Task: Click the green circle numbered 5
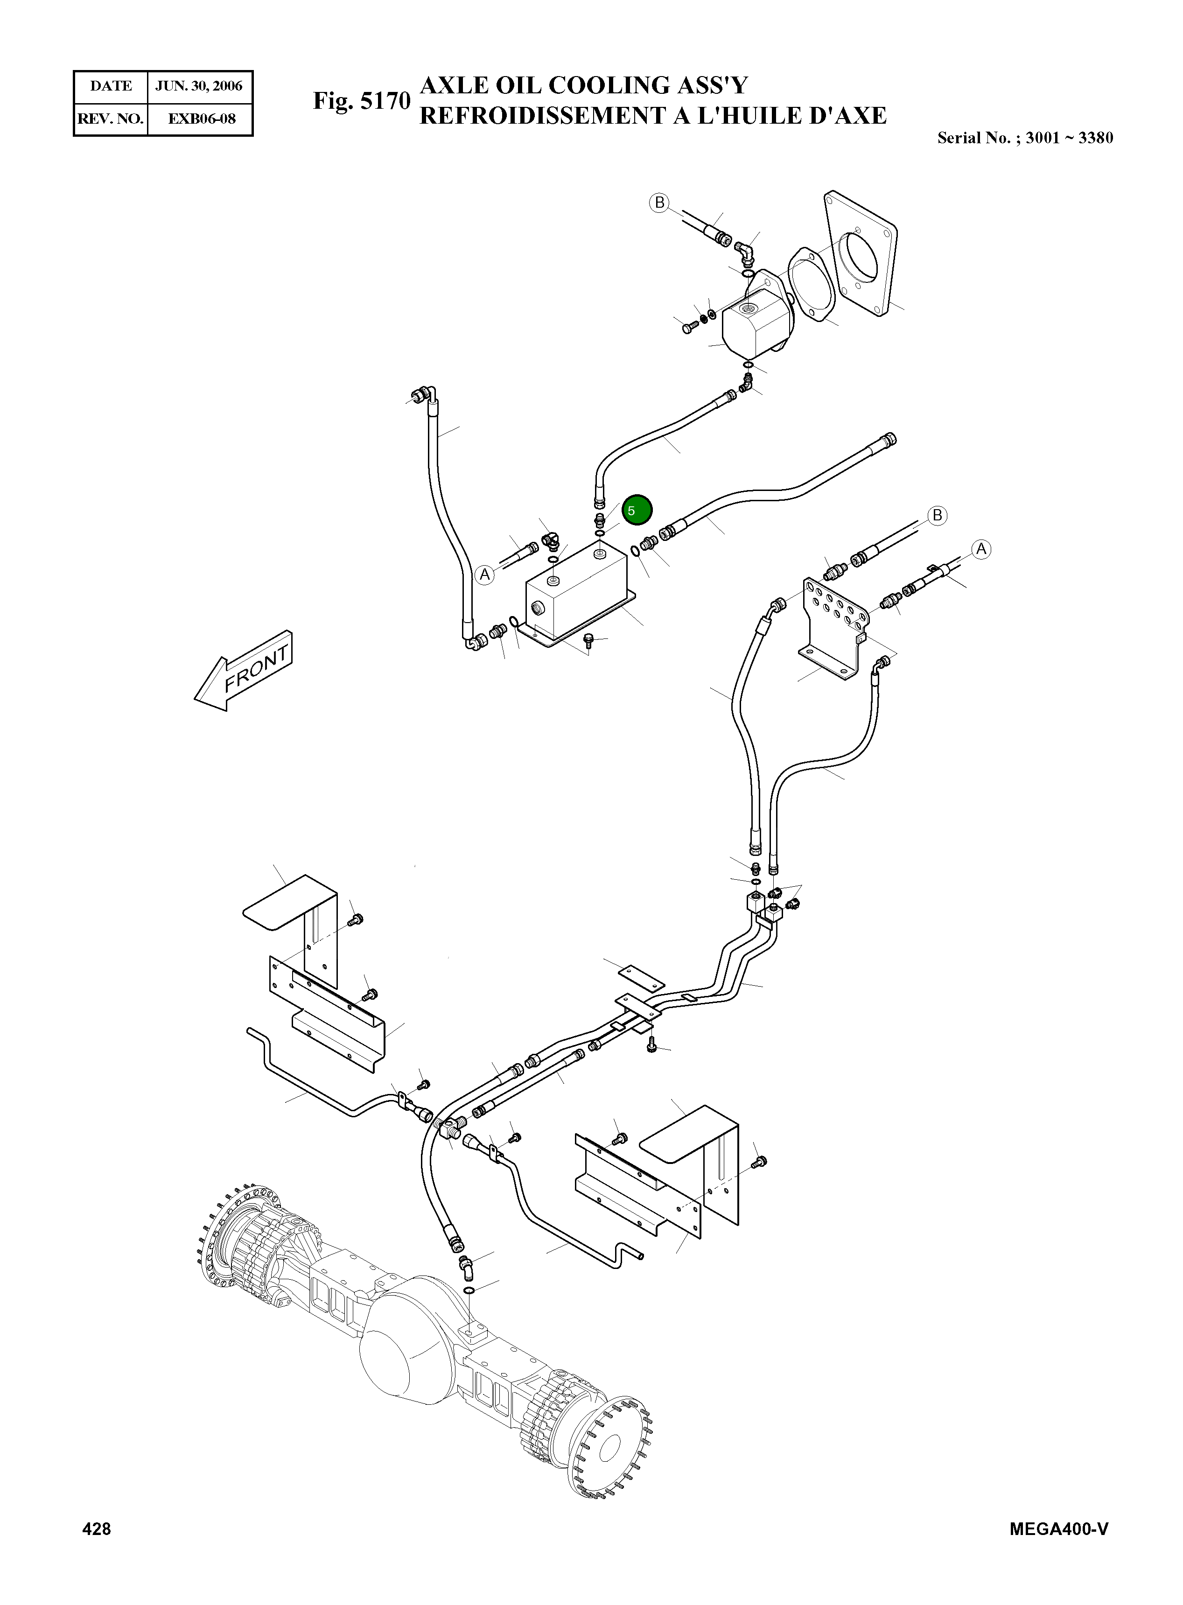tap(637, 510)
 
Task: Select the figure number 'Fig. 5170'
tap(362, 101)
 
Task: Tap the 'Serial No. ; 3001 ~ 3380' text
tap(1025, 138)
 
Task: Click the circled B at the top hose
tap(659, 203)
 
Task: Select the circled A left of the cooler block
tap(485, 575)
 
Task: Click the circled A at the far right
tap(981, 549)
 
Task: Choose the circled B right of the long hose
tap(937, 515)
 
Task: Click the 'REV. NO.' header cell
tap(111, 119)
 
